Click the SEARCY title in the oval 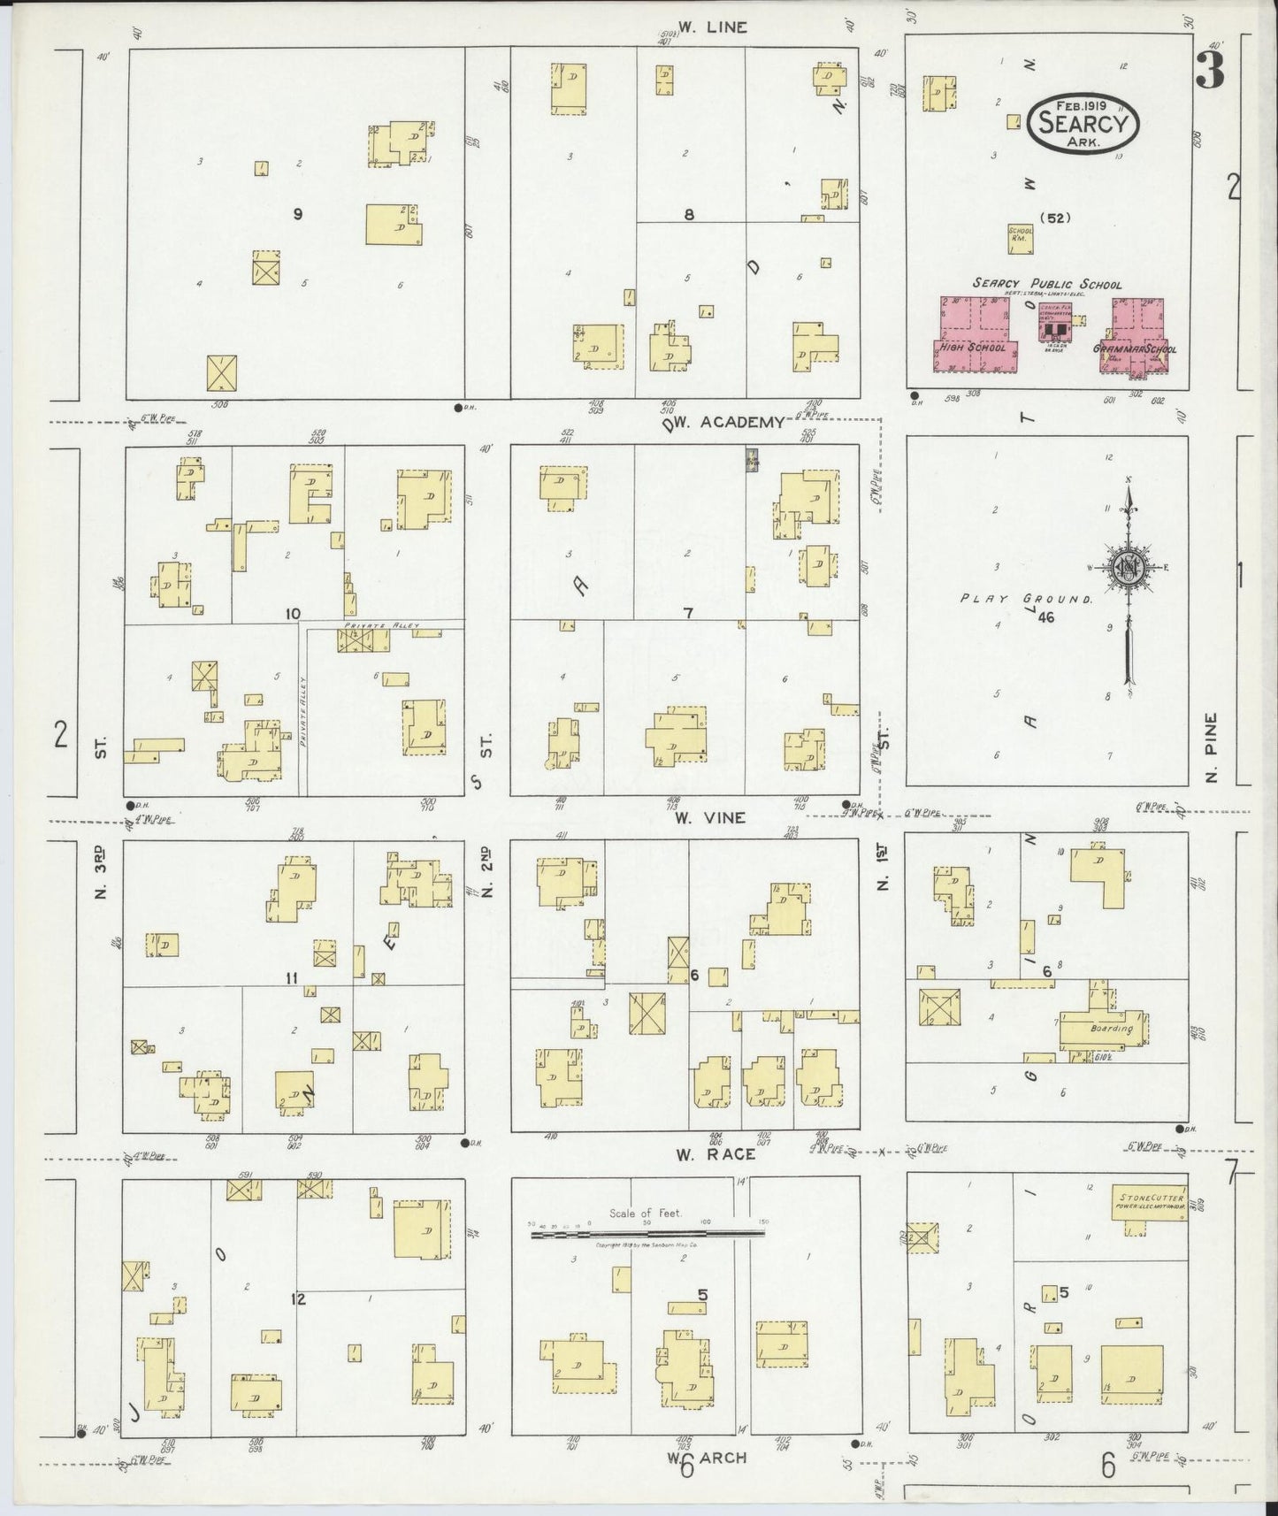pos(1083,123)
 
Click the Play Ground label pos(1026,599)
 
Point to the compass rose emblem pos(1128,568)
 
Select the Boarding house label pos(1111,1030)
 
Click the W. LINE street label pos(713,27)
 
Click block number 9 pos(298,213)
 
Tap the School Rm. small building pos(1021,235)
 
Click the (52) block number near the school pos(1053,218)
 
